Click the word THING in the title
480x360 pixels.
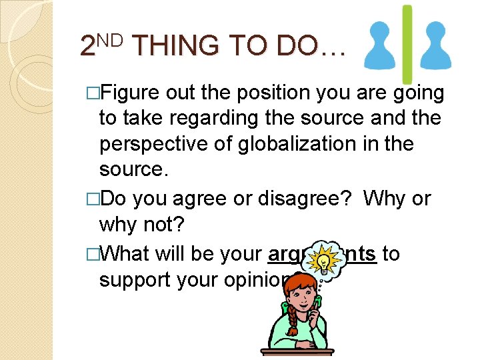pos(175,45)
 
